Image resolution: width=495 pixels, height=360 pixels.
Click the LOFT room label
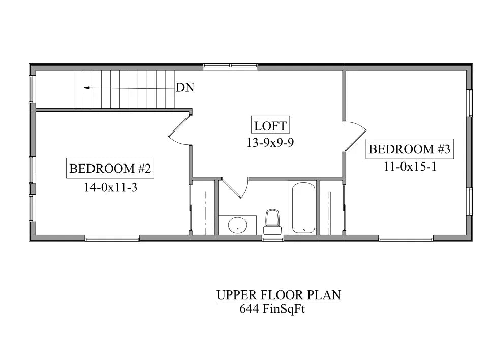click(x=270, y=125)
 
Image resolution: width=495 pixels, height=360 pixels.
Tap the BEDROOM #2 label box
click(x=110, y=168)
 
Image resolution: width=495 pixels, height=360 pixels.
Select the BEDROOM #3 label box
click(x=410, y=149)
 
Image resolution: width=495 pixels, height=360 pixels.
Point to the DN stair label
click(x=185, y=87)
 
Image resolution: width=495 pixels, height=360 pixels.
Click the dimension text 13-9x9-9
click(x=270, y=143)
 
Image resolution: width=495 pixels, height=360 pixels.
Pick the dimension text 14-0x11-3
click(x=111, y=187)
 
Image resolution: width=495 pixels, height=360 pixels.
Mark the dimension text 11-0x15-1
click(x=410, y=167)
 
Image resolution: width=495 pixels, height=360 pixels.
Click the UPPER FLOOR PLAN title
click(x=278, y=295)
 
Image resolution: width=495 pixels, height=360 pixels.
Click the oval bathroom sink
click(x=237, y=224)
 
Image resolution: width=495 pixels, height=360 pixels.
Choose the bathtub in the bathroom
click(x=304, y=208)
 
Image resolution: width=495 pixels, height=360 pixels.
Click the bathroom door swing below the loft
click(x=235, y=188)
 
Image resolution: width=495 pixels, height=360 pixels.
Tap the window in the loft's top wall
click(x=230, y=66)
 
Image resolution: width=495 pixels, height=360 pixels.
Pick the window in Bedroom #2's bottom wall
click(x=112, y=238)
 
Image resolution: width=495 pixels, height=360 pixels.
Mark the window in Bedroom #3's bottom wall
click(x=406, y=238)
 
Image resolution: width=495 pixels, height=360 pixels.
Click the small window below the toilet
click(x=273, y=238)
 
